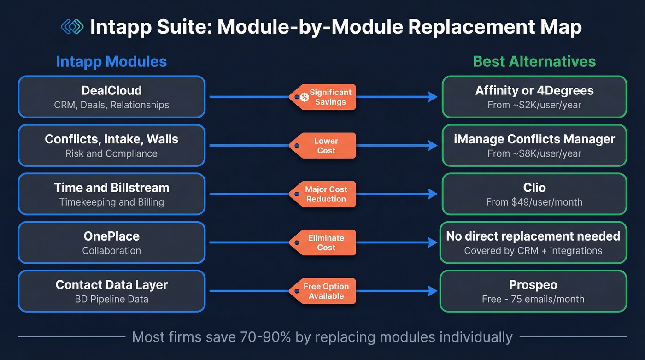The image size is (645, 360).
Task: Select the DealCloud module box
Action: tap(111, 97)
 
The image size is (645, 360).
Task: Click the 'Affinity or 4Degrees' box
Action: tap(534, 97)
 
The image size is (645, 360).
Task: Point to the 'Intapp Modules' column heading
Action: tap(111, 61)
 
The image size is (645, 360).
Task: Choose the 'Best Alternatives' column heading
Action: tap(534, 61)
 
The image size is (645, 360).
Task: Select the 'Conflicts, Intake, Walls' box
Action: tap(111, 146)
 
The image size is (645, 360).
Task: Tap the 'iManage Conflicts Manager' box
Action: tap(534, 146)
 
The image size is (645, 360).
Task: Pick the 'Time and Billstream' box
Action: tap(111, 194)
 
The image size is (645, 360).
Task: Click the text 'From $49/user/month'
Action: tap(534, 202)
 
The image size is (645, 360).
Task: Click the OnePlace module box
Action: tap(111, 242)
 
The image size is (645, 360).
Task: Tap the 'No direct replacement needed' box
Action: tap(533, 242)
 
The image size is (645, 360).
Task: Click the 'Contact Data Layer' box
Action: tap(111, 291)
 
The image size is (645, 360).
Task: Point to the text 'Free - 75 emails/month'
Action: tap(533, 299)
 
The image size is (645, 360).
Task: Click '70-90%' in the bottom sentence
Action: tap(265, 337)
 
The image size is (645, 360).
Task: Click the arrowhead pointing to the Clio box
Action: tap(433, 194)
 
